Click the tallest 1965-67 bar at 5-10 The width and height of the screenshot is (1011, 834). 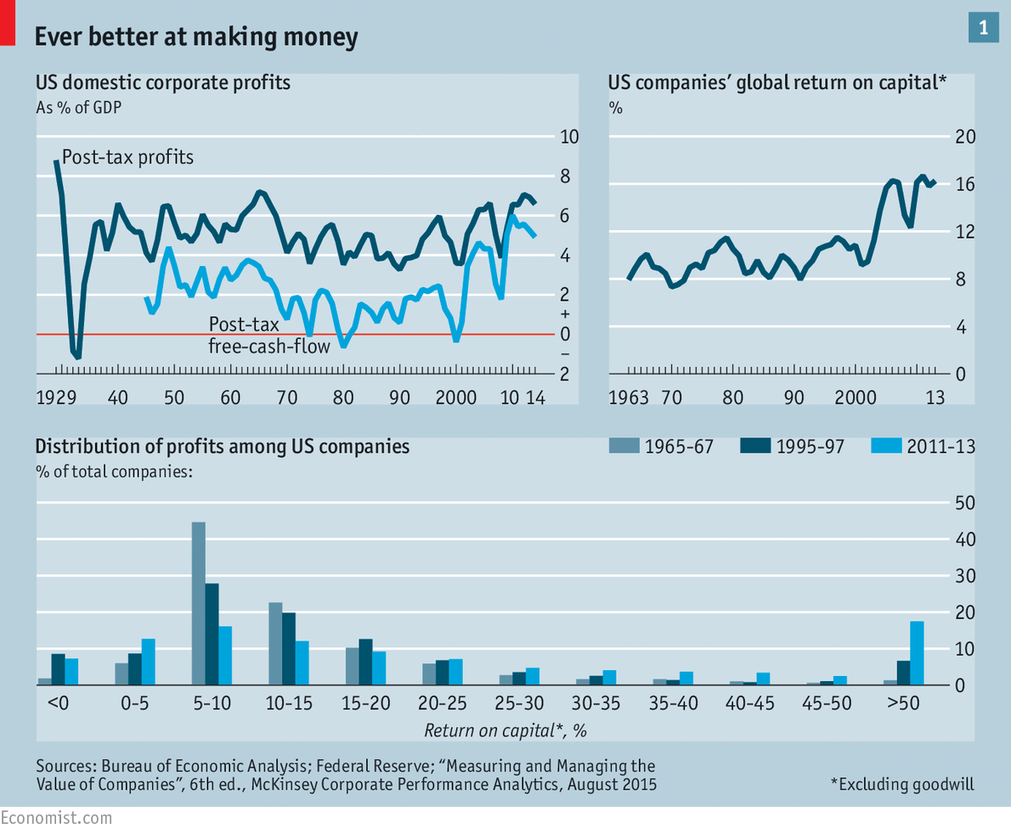(x=199, y=603)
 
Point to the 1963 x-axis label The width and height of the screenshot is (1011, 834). (x=628, y=397)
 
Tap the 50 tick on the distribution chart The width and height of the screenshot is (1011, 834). (x=965, y=503)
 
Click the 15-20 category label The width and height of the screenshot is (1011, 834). (x=365, y=705)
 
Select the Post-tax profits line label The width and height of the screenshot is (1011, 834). (x=128, y=157)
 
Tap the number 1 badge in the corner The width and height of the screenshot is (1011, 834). (x=984, y=28)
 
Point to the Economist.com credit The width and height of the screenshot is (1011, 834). (x=55, y=818)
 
